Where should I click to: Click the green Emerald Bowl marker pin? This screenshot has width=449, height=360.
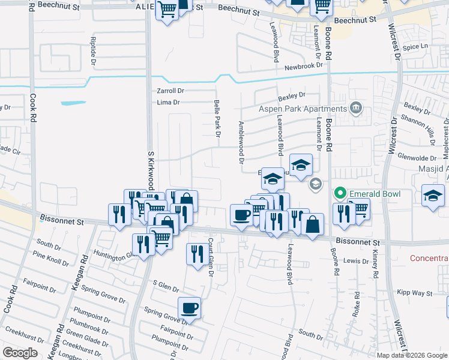[340, 193]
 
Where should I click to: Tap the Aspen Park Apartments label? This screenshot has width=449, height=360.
[303, 109]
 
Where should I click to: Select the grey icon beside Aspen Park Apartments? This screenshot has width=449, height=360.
[357, 109]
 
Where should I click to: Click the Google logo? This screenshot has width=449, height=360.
[20, 353]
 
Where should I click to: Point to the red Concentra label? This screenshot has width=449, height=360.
[429, 259]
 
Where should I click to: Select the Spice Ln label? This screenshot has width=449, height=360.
[415, 47]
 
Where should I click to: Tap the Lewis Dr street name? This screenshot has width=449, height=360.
[356, 261]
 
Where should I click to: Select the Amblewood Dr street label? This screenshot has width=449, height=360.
[241, 142]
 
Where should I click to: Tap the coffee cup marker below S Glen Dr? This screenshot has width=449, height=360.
[190, 309]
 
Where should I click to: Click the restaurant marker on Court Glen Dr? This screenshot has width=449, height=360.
[197, 254]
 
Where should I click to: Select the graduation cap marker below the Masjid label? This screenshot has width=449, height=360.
[433, 196]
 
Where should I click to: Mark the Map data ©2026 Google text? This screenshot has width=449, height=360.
[412, 355]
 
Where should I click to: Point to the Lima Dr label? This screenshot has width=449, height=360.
[168, 103]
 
